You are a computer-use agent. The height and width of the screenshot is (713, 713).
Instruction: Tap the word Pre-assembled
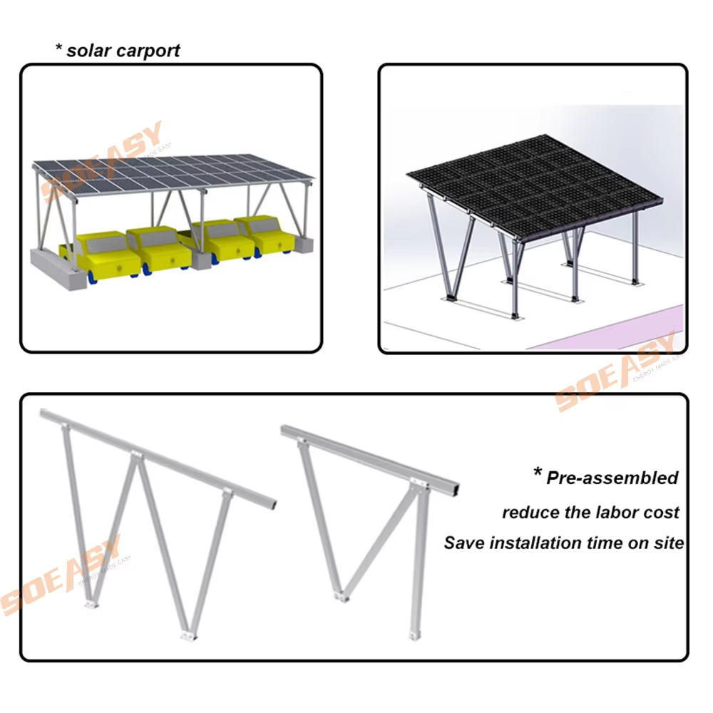click(612, 478)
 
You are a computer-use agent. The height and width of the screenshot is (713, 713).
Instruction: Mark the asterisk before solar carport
click(60, 50)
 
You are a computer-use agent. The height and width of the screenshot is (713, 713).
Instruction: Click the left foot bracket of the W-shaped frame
click(89, 605)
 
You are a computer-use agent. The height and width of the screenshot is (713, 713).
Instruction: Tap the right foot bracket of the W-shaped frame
click(186, 634)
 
